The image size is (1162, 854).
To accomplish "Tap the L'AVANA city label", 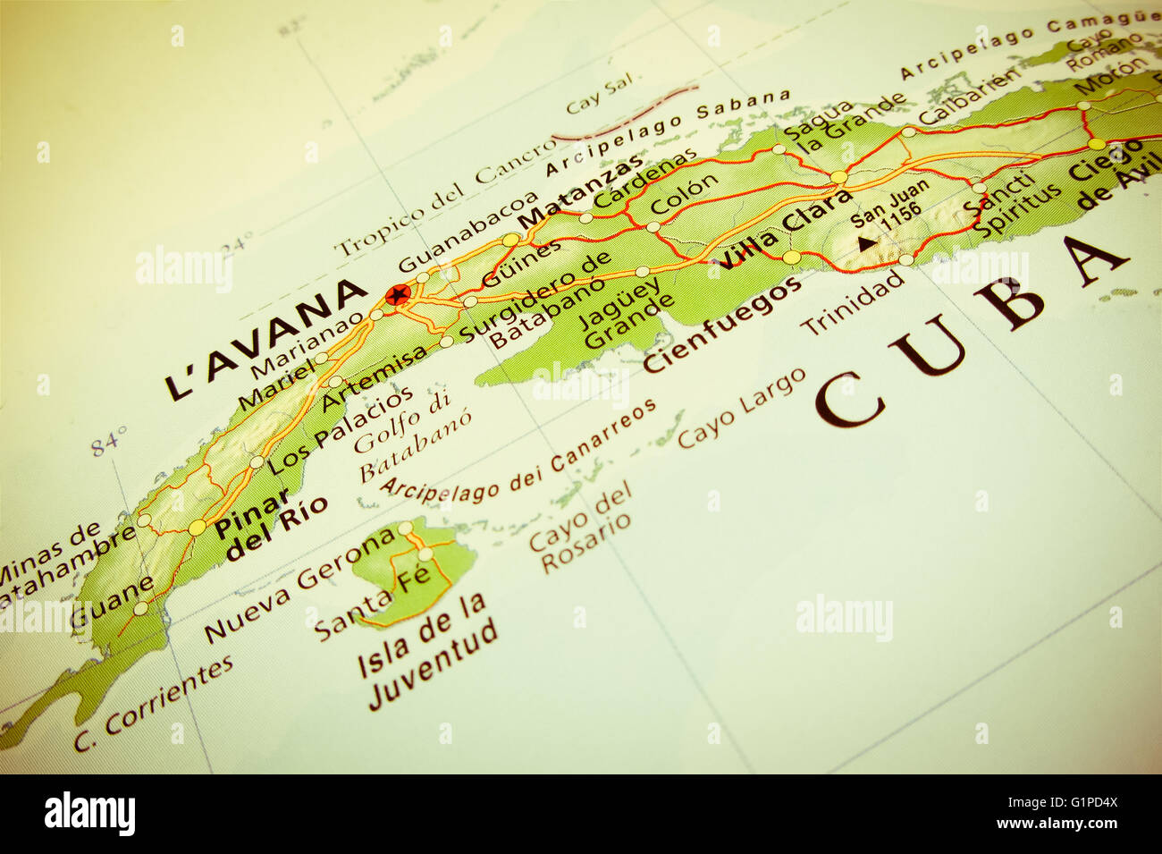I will (x=265, y=340).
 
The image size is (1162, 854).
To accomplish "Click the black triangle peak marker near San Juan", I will (x=864, y=241).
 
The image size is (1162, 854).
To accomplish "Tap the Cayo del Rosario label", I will (x=580, y=529).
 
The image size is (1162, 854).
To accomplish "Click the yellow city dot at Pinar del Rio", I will (x=198, y=528).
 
